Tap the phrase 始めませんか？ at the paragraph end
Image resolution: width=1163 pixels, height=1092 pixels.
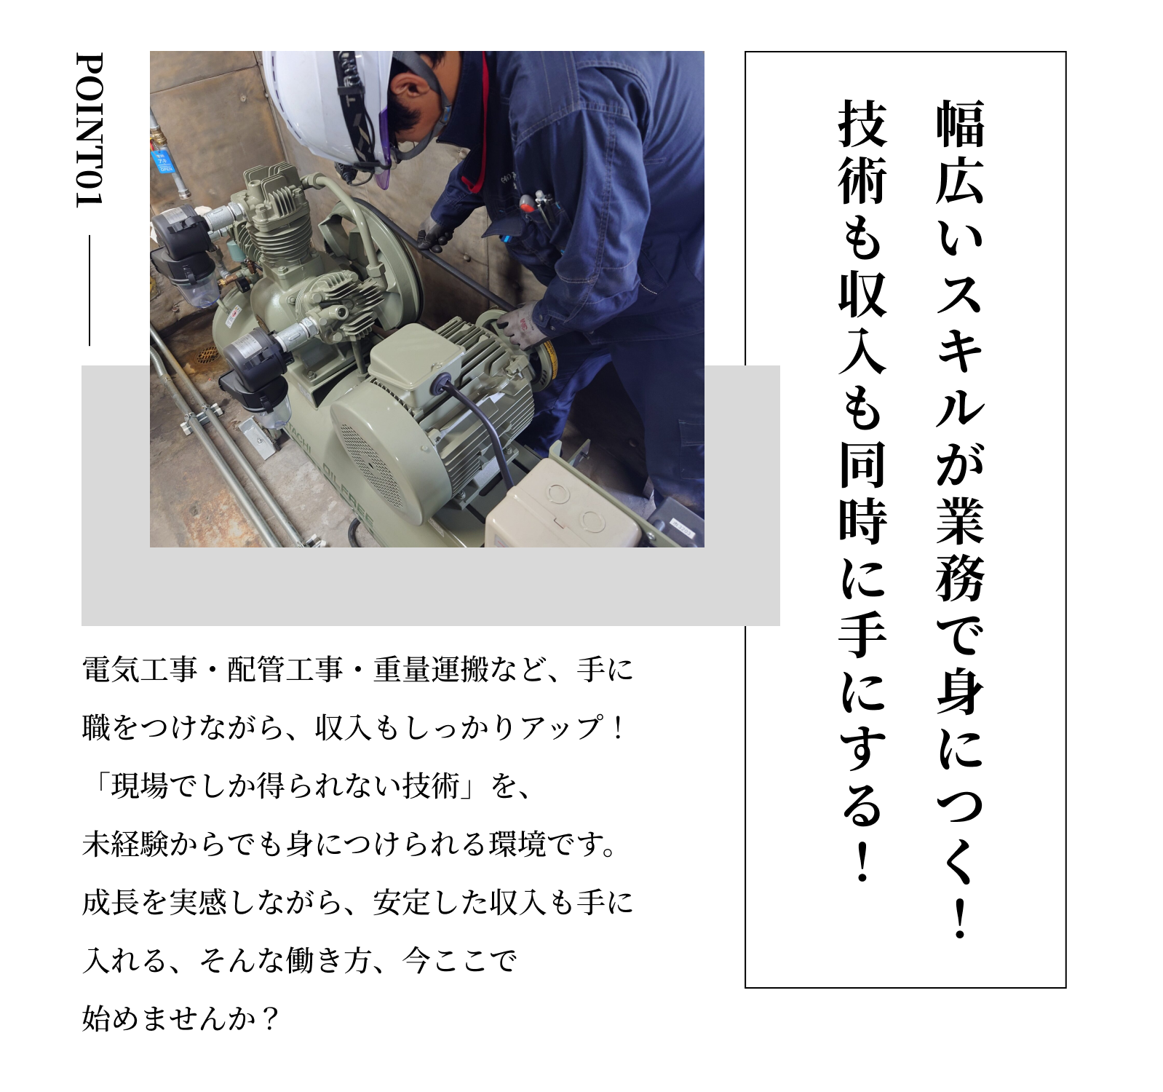[181, 1020]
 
